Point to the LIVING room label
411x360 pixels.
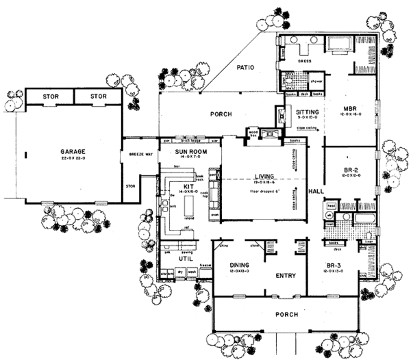pos(260,176)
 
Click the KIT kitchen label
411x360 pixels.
pos(184,185)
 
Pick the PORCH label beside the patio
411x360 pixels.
pos(221,114)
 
